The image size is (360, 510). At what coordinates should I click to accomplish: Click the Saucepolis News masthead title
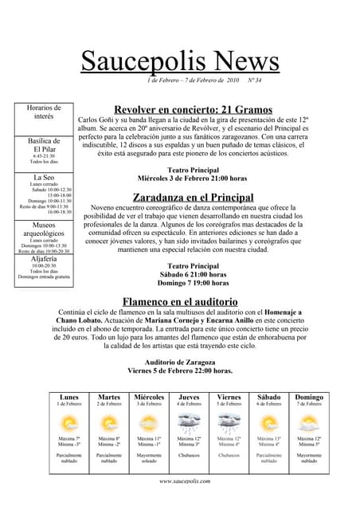pyautogui.click(x=180, y=61)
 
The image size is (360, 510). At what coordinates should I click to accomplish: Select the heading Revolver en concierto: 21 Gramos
pyautogui.click(x=194, y=109)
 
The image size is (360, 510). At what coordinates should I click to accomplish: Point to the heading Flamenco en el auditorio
pyautogui.click(x=180, y=301)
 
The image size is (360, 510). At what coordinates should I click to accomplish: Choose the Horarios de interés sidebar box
pyautogui.click(x=44, y=112)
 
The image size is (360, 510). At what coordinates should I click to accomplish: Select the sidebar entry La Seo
pyautogui.click(x=44, y=177)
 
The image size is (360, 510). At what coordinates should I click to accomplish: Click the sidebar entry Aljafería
pyautogui.click(x=44, y=260)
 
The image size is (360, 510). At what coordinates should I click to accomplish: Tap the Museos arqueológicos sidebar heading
pyautogui.click(x=44, y=229)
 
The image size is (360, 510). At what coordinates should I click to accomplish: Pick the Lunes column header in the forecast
pyautogui.click(x=69, y=397)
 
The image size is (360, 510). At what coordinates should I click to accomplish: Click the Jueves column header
pyautogui.click(x=190, y=397)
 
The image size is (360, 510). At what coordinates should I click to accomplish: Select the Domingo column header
pyautogui.click(x=309, y=397)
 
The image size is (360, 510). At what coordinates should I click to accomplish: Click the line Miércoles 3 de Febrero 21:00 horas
pyautogui.click(x=193, y=178)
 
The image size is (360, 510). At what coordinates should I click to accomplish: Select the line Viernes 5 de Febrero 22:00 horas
pyautogui.click(x=180, y=371)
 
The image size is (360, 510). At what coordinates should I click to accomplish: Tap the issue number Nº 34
pyautogui.click(x=255, y=80)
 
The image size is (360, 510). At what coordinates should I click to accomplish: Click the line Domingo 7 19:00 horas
pyautogui.click(x=193, y=283)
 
